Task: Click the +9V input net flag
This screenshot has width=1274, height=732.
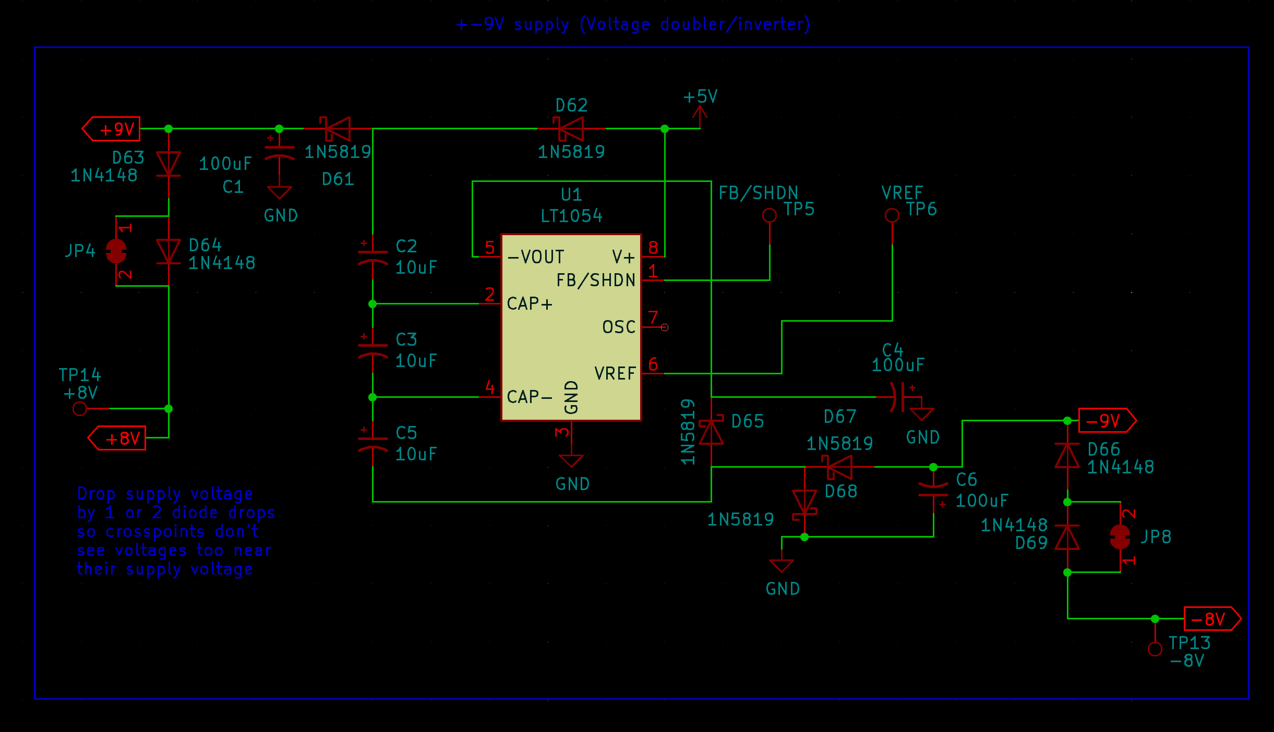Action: click(112, 129)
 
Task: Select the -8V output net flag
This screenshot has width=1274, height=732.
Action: click(1211, 619)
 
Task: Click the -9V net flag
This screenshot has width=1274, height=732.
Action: click(1106, 420)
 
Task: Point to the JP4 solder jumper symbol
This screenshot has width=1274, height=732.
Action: click(116, 251)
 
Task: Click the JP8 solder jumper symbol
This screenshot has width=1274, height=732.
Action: click(1120, 537)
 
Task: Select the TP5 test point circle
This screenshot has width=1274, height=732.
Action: click(769, 215)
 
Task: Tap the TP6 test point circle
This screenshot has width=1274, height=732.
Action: click(892, 215)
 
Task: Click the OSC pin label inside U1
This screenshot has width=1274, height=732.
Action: click(619, 327)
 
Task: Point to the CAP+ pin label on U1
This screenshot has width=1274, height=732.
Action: click(529, 303)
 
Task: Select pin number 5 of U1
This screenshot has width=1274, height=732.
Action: click(489, 247)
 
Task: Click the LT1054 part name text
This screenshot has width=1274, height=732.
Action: click(571, 216)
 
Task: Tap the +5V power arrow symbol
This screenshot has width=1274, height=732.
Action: click(700, 116)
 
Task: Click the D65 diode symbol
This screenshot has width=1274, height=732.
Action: click(711, 430)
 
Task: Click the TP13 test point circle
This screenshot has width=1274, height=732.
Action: click(1155, 649)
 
